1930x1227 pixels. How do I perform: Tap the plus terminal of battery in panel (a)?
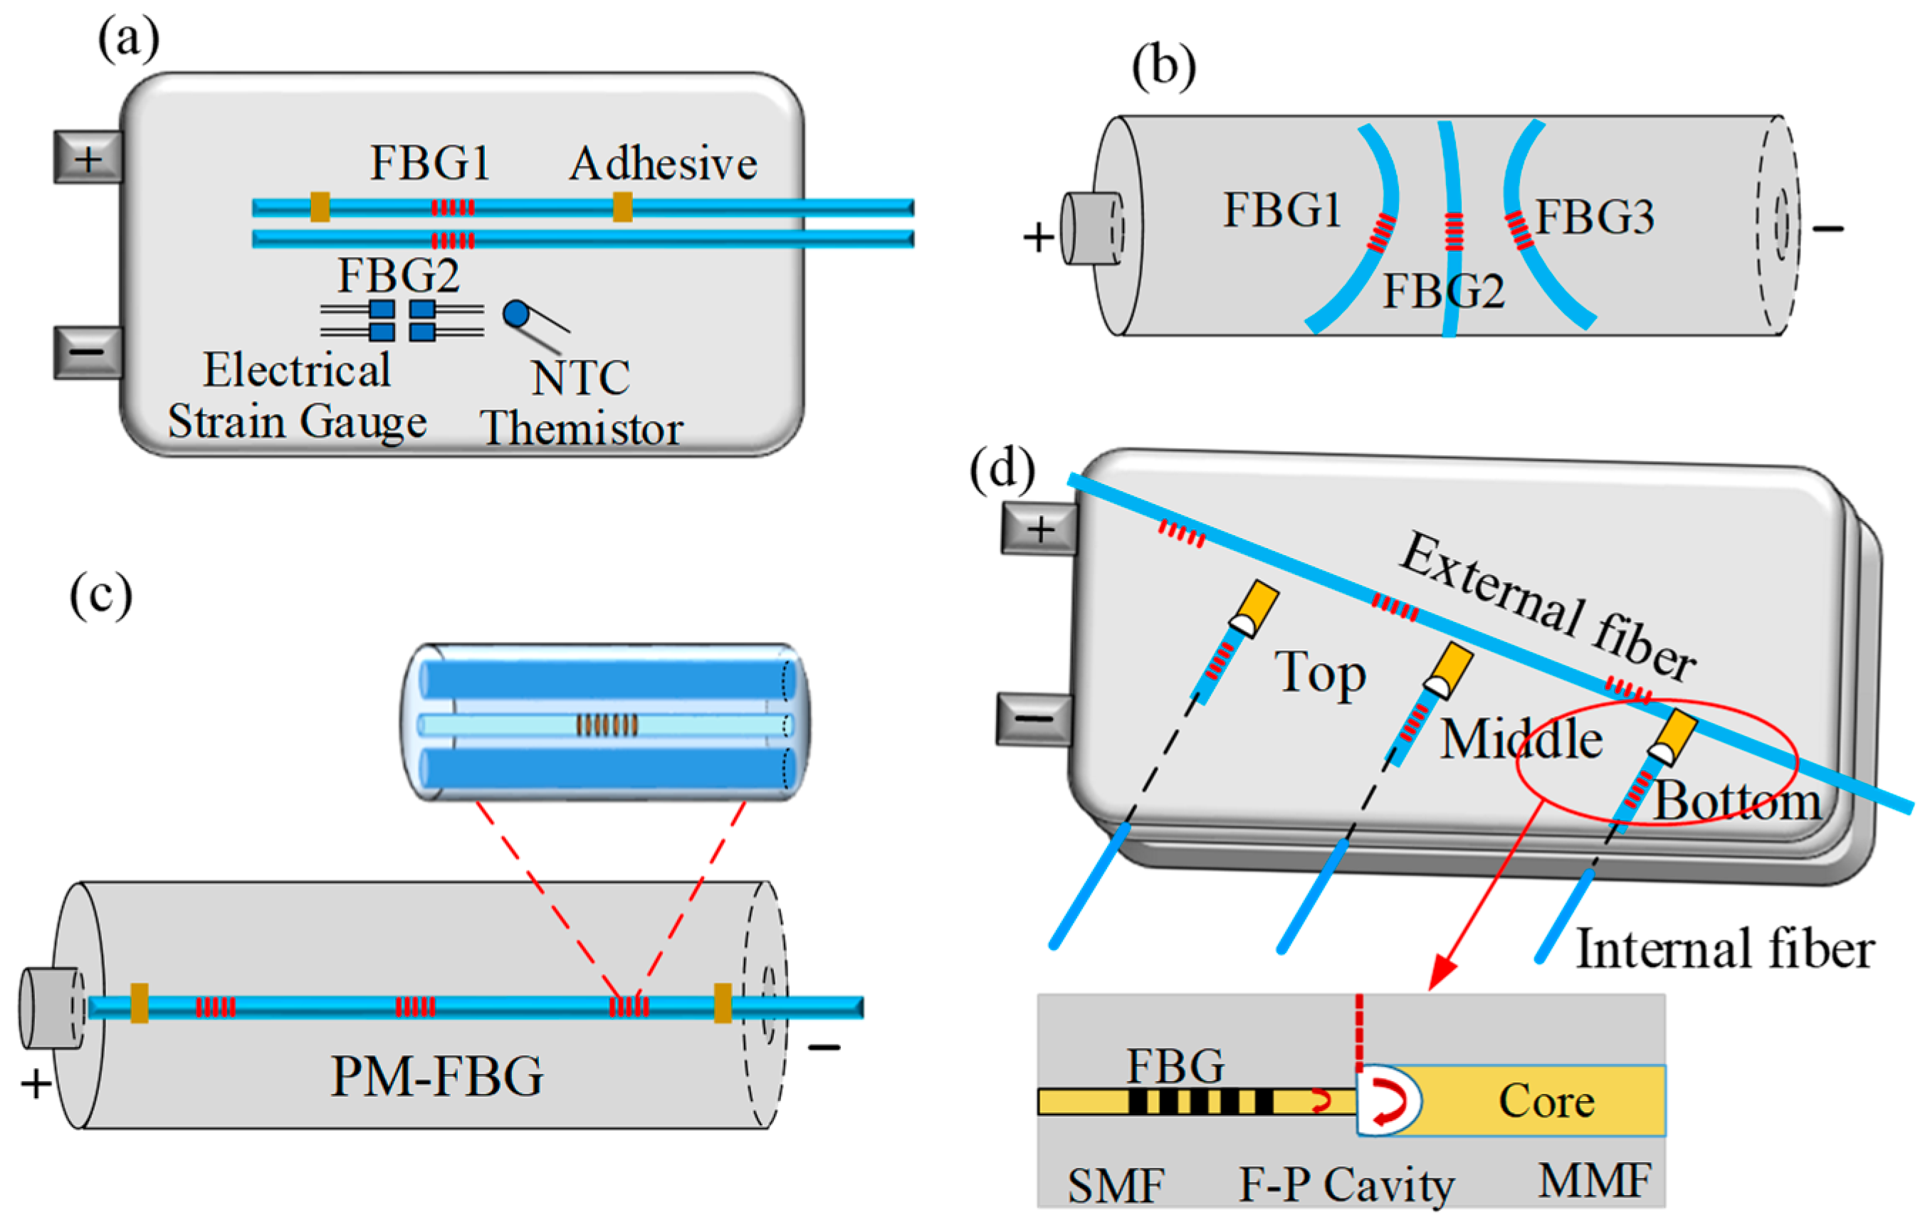coord(88,158)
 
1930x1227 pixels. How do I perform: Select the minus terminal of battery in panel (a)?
coord(88,352)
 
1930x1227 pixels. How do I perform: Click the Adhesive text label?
coord(663,164)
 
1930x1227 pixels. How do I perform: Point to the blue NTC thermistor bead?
coord(515,313)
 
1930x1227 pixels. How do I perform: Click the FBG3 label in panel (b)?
coord(1594,216)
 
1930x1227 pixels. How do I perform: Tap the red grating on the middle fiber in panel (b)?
coord(1453,231)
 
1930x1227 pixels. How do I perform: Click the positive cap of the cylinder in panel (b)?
coord(1090,228)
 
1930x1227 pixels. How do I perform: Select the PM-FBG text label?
coord(437,1076)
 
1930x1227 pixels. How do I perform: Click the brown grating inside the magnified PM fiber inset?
coord(607,725)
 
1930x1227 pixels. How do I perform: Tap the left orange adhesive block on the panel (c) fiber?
coord(140,1003)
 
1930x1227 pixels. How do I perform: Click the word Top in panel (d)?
coord(1321,673)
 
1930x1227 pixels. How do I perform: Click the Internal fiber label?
coord(1725,949)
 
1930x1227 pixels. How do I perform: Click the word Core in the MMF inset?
coord(1546,1101)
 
